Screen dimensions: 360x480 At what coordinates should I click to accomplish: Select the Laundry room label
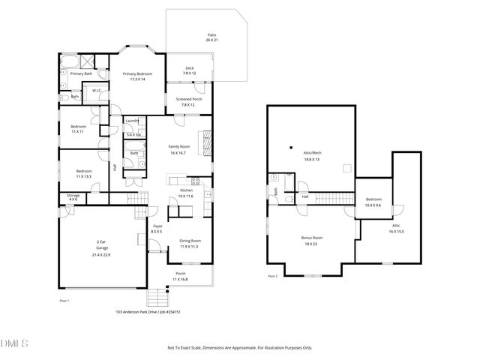[133, 121]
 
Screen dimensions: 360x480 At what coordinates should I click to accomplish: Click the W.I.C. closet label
[96, 91]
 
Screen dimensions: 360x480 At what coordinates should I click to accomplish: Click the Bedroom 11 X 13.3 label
[83, 173]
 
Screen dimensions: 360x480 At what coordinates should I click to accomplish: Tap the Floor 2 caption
[272, 276]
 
